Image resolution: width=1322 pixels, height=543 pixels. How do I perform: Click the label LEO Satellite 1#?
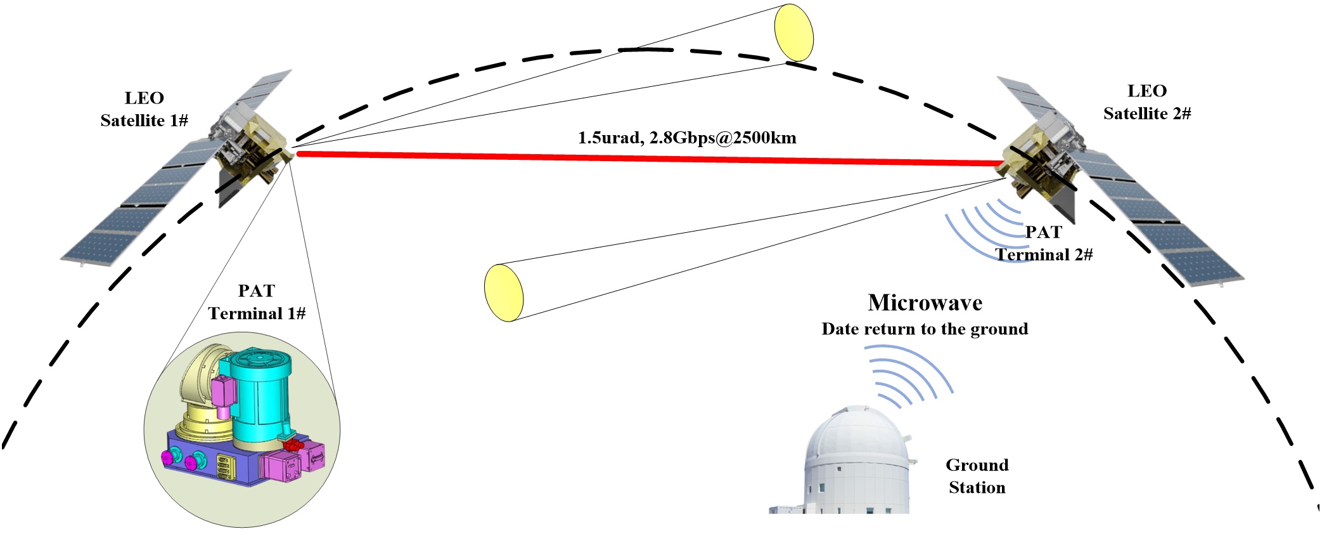click(x=144, y=109)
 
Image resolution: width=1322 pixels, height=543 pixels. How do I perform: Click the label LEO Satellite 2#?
click(x=1147, y=102)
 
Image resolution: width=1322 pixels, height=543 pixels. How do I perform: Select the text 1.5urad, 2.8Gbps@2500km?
click(x=687, y=138)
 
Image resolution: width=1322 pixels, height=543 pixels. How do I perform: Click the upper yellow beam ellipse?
click(x=794, y=32)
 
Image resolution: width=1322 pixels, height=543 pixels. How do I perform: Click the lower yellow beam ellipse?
click(x=504, y=292)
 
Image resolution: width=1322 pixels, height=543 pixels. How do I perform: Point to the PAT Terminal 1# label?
click(x=257, y=302)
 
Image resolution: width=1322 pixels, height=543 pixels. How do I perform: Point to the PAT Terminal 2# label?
click(x=1044, y=244)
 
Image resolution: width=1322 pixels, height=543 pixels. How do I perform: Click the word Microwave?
click(x=925, y=303)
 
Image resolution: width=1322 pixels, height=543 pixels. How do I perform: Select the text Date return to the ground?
click(x=925, y=329)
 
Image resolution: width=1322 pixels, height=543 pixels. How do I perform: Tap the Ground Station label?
click(x=977, y=476)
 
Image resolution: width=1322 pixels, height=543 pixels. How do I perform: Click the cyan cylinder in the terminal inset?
click(x=260, y=393)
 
